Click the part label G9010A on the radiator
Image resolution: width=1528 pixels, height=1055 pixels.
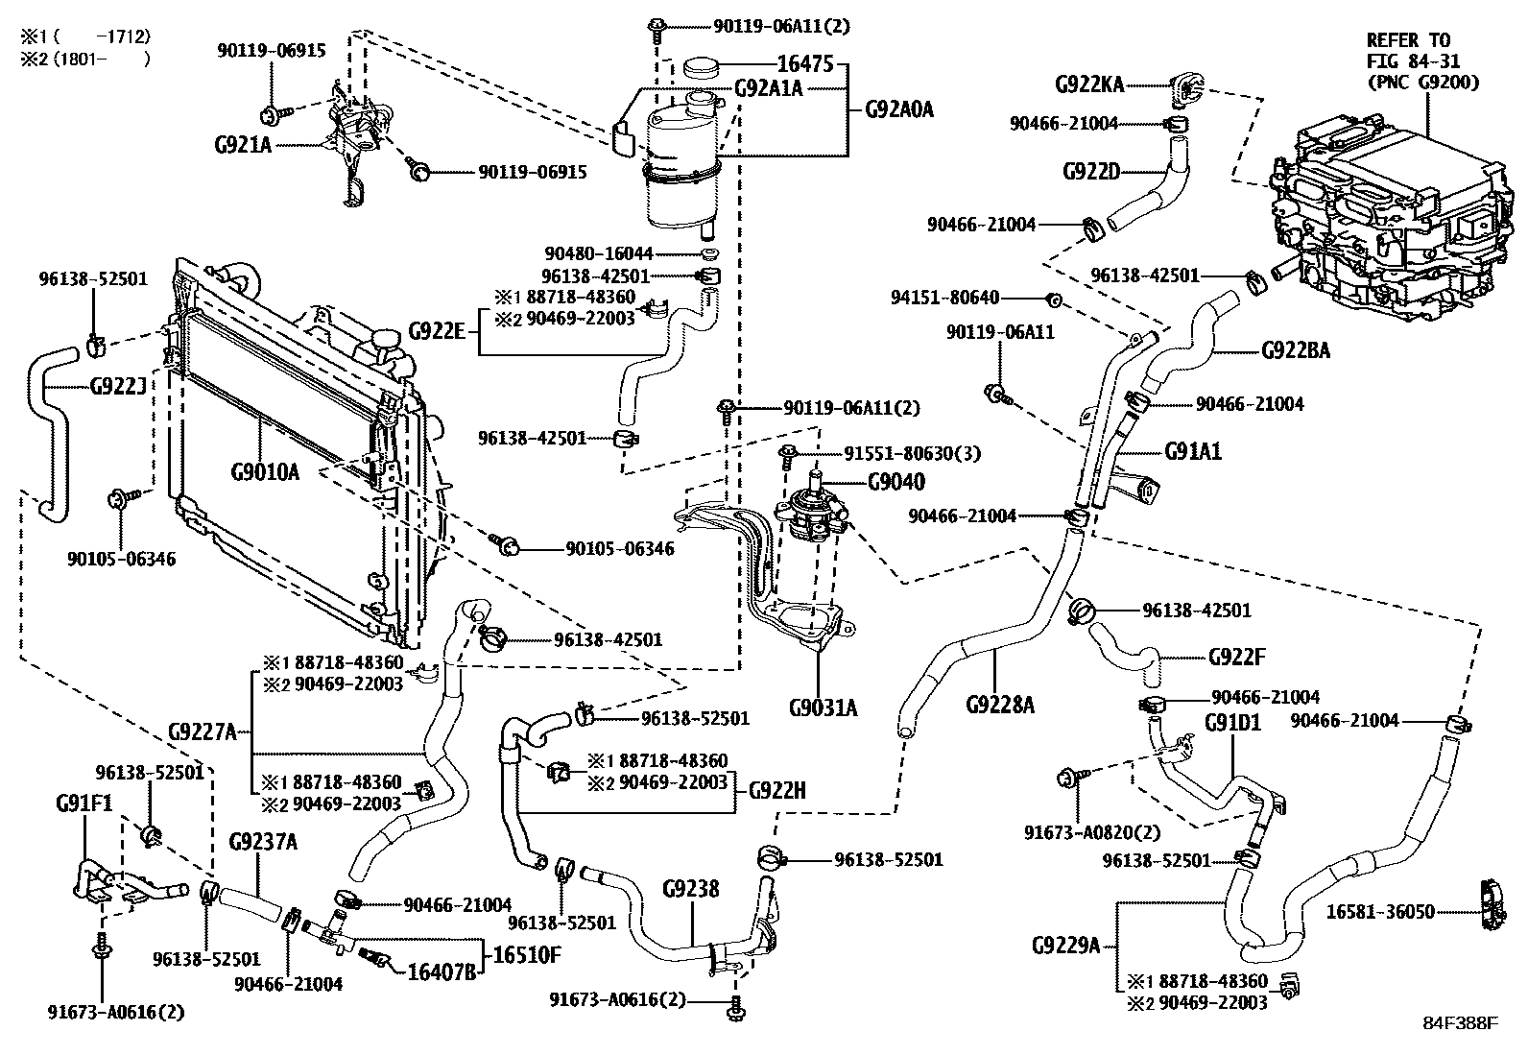[266, 472]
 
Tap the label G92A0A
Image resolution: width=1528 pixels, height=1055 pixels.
[898, 109]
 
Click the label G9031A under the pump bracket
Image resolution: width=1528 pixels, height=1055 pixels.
[823, 708]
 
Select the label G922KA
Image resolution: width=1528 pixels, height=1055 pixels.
[1089, 84]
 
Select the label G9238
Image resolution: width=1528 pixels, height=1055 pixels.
[690, 889]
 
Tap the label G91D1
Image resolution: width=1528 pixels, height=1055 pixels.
[1233, 722]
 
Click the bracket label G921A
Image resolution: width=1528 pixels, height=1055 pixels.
[245, 145]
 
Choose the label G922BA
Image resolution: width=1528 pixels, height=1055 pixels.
[1295, 350]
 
